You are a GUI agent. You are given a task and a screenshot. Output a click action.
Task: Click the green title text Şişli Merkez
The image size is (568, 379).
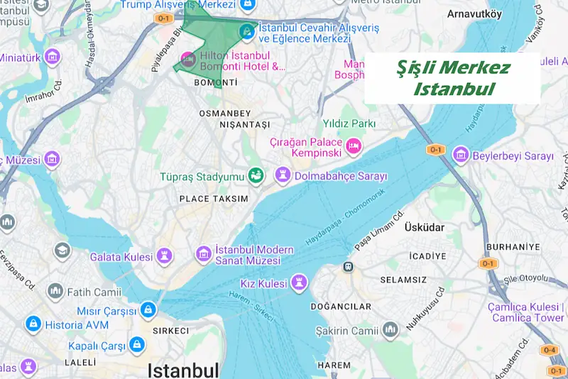point(453,68)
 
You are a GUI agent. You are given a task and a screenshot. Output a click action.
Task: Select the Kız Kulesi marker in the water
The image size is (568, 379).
point(299,284)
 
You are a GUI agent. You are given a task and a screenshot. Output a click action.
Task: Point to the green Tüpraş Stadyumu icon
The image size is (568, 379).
point(255,175)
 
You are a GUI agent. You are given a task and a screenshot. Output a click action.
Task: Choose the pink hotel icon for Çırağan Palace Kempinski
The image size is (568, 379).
point(353,147)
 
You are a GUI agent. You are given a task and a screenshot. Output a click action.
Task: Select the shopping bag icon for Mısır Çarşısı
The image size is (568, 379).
point(148,311)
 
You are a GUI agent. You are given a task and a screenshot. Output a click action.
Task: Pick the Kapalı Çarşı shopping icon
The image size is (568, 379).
point(136,345)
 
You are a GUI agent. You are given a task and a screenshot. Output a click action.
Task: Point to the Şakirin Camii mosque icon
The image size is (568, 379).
point(390,330)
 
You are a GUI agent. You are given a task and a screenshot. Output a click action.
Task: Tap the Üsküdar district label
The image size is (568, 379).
point(423,228)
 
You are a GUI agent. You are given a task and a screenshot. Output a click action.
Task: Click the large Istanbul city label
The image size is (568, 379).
point(182,370)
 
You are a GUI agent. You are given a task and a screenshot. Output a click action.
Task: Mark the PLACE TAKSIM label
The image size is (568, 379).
point(214,199)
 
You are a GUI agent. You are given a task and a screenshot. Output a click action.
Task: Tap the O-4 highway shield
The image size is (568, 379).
point(549,350)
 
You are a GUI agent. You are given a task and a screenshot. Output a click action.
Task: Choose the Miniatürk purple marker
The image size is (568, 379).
point(51,56)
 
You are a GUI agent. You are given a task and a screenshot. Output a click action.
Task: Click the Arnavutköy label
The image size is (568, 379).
point(474,13)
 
